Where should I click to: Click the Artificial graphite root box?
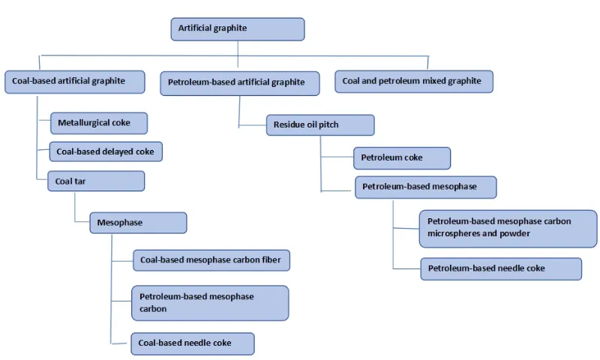coord(238,28)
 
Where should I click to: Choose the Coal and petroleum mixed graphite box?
coord(414,81)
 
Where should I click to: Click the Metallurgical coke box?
coord(98,122)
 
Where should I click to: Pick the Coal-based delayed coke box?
coord(106,151)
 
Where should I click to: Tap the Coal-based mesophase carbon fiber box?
coord(211,260)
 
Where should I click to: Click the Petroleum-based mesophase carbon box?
coord(210,302)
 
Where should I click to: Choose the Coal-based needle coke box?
coord(193,343)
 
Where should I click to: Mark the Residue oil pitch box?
coord(320,124)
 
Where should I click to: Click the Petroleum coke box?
coord(402,158)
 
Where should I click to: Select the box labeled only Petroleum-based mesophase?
coord(425,187)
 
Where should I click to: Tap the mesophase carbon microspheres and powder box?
coord(508,227)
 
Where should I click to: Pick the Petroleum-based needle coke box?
coord(501,268)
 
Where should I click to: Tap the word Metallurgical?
coord(85,122)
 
